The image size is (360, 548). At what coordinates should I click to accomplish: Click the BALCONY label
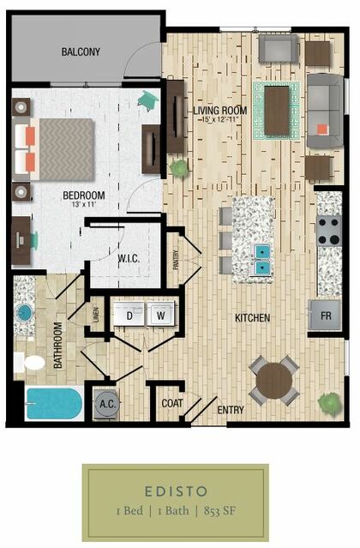click(81, 51)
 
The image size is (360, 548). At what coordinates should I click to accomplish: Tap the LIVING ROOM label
click(220, 111)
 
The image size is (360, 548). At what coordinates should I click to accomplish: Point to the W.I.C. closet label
click(129, 259)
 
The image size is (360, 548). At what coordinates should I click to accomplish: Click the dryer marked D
click(129, 314)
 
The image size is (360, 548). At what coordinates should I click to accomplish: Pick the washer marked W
click(161, 314)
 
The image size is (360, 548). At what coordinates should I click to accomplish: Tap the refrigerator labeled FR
click(325, 316)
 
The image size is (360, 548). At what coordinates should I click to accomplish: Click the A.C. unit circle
click(107, 404)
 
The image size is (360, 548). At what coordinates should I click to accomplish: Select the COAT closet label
click(172, 403)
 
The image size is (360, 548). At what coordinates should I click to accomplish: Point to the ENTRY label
click(231, 410)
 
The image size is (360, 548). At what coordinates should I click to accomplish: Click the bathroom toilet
click(30, 363)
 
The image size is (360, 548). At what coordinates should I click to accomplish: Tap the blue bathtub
click(53, 403)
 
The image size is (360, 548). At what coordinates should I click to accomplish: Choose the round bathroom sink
click(24, 312)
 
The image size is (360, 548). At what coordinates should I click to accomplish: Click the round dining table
click(274, 380)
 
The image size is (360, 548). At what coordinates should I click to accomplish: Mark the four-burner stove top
click(329, 231)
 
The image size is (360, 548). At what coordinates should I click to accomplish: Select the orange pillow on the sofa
click(322, 129)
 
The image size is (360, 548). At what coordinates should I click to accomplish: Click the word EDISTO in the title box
click(176, 491)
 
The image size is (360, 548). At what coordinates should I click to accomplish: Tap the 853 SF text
click(219, 511)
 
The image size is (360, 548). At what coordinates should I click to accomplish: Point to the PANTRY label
click(176, 260)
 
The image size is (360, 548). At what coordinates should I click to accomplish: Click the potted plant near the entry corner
click(329, 404)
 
